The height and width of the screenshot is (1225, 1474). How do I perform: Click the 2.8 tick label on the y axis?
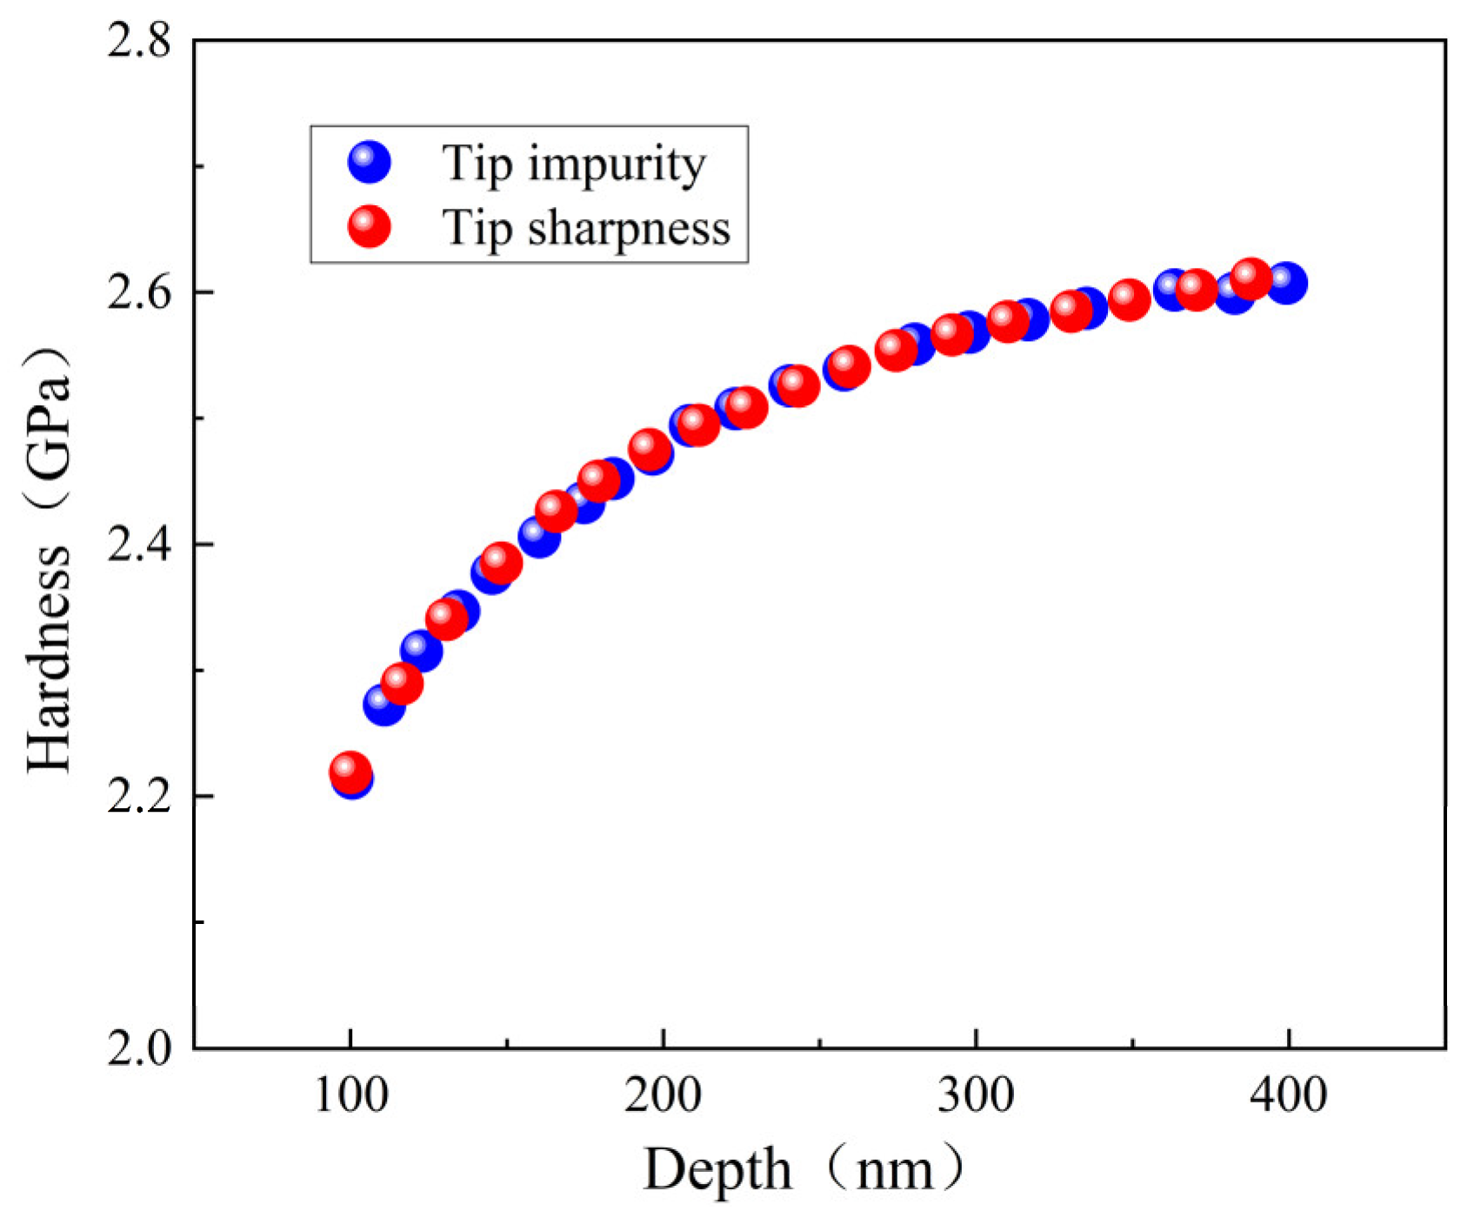[x=139, y=41]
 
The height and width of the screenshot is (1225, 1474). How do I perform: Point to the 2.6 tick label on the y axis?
[x=139, y=293]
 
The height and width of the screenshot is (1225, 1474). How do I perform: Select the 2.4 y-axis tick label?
[x=139, y=546]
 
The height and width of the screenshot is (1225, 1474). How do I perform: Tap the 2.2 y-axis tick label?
[x=139, y=797]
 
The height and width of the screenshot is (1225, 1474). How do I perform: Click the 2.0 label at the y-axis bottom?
[x=139, y=1048]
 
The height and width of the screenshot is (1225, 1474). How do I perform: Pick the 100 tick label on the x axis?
[x=350, y=1095]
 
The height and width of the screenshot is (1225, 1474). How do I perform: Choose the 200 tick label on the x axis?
[x=663, y=1095]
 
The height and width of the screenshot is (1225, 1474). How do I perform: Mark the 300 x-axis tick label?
[x=976, y=1095]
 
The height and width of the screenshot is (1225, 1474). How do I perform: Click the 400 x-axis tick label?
[x=1288, y=1095]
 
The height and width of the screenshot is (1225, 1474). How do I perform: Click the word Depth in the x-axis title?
[x=717, y=1170]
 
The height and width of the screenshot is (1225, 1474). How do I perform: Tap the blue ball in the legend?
[x=369, y=162]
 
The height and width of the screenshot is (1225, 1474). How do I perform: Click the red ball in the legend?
[x=369, y=226]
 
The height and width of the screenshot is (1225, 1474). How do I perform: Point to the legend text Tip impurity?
[x=574, y=164]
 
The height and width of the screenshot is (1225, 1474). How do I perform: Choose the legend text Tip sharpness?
[x=587, y=228]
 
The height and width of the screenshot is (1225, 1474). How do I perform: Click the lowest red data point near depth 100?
[x=350, y=771]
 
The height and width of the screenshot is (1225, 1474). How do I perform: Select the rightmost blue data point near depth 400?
[x=1286, y=283]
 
